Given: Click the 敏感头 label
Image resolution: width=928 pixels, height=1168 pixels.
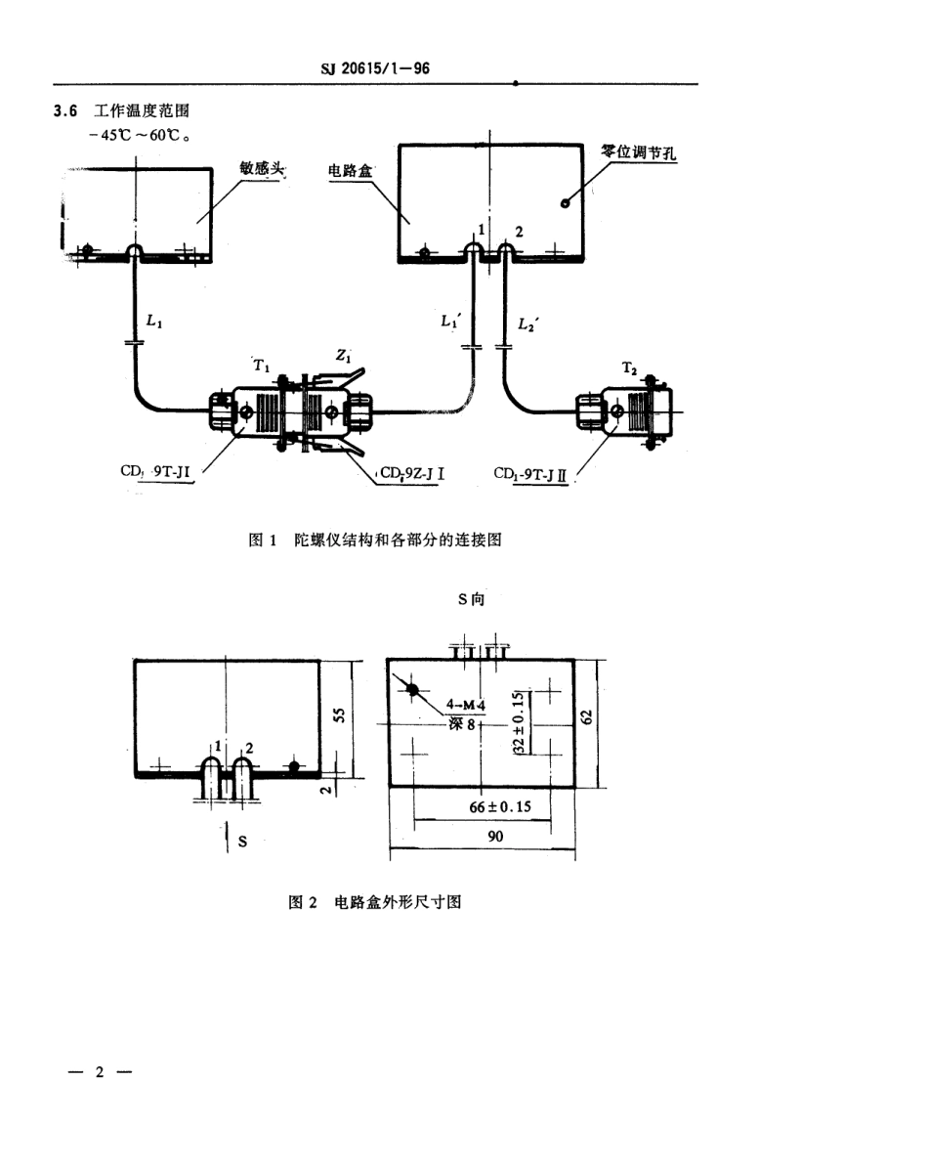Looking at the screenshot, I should tap(261, 168).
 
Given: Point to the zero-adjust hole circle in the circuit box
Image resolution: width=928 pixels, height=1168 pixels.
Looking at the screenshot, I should tap(565, 203).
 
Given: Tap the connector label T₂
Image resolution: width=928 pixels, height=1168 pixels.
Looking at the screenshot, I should tap(630, 368).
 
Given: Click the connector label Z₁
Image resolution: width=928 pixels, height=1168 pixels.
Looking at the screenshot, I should tap(344, 358).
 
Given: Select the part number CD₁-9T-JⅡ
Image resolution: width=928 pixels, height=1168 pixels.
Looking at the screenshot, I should tap(531, 476).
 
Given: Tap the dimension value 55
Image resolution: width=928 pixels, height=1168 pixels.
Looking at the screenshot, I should tap(340, 714).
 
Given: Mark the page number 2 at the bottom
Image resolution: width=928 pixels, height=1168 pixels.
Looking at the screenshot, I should tap(98, 1072).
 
